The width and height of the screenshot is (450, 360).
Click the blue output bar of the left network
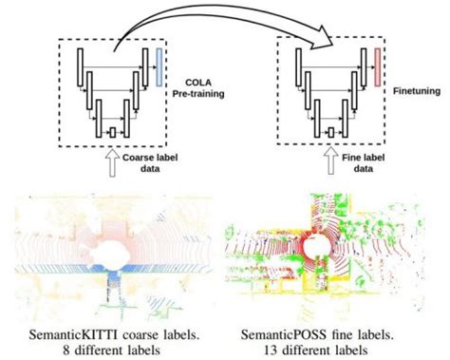tap(159, 63)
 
